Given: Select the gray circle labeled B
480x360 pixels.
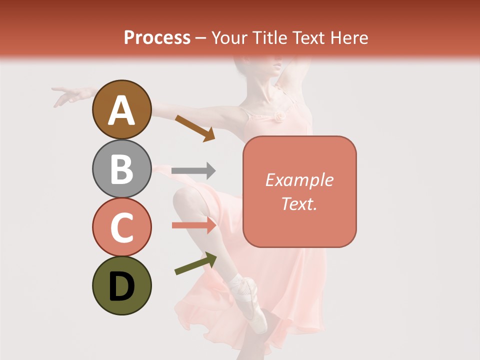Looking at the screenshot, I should click(x=121, y=168).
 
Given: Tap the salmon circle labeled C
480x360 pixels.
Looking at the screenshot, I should click(x=121, y=227).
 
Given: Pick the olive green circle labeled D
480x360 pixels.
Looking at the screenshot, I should click(x=121, y=285).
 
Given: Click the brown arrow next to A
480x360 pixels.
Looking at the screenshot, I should click(x=194, y=127).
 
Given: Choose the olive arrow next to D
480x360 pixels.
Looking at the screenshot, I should click(x=195, y=263).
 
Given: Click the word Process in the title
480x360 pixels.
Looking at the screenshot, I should click(x=157, y=37).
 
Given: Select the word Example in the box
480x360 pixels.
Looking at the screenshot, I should click(x=299, y=180).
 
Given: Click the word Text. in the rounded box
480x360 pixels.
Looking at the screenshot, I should click(x=299, y=203).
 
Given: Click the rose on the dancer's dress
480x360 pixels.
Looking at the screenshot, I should click(x=278, y=117).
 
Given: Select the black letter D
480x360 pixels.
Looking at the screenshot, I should click(x=121, y=287).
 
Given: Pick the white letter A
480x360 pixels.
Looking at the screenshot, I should click(x=121, y=111).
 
